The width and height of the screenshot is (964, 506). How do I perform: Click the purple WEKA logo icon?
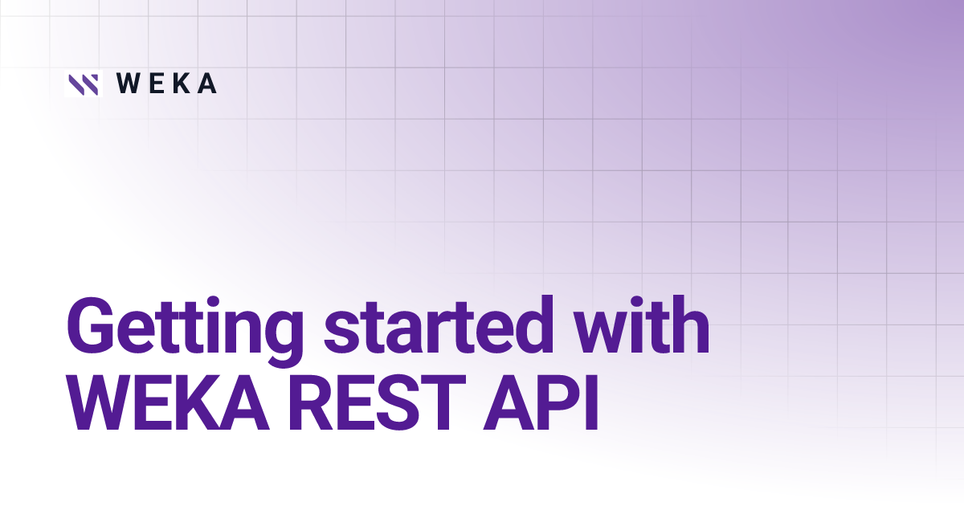(x=83, y=84)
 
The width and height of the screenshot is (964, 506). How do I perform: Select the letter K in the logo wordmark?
(x=182, y=84)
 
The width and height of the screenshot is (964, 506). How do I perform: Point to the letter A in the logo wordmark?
(x=206, y=84)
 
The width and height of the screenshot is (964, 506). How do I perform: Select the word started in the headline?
(x=426, y=324)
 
